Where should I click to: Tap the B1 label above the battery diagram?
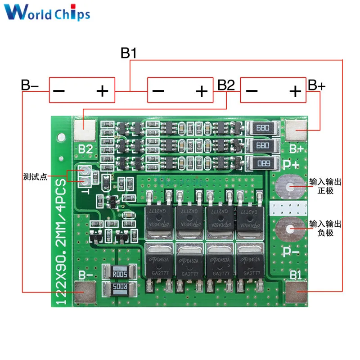tap(128, 53)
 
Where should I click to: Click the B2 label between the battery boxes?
tap(226, 85)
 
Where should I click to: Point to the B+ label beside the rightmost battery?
tap(316, 85)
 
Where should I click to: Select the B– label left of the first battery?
tap(30, 85)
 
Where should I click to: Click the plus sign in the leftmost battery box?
tap(103, 92)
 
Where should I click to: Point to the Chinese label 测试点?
tap(35, 177)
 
